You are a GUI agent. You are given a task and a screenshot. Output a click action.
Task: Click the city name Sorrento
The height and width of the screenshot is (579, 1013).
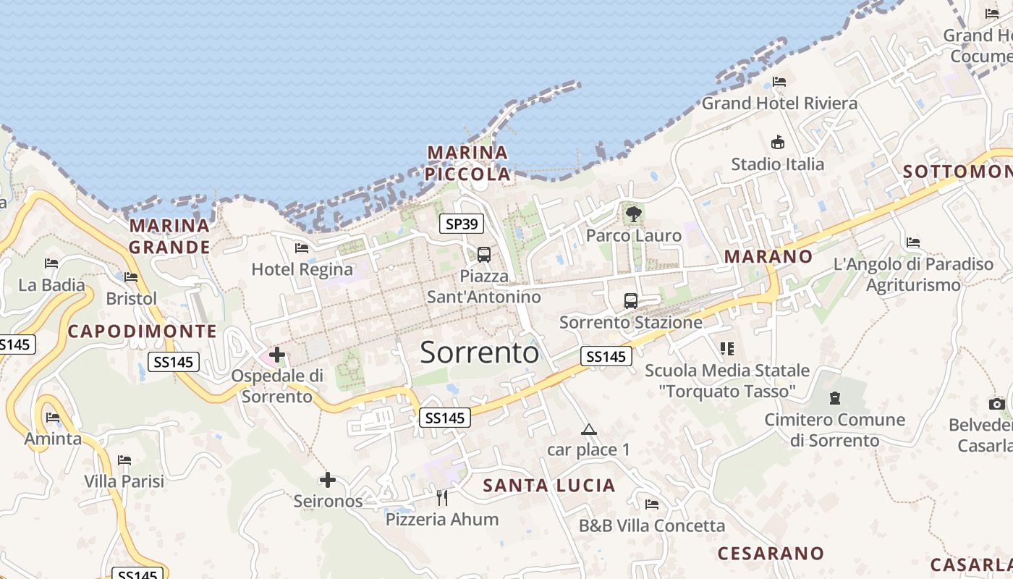[x=479, y=352]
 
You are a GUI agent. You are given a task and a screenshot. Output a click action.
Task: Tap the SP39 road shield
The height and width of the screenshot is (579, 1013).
[x=462, y=224]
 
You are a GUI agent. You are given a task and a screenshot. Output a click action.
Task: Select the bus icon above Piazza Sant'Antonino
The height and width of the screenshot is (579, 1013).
[x=484, y=255]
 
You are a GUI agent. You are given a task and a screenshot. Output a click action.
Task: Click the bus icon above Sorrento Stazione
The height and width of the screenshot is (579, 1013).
[x=631, y=300]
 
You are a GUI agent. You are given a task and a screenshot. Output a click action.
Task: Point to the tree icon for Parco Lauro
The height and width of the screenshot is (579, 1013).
[x=634, y=214]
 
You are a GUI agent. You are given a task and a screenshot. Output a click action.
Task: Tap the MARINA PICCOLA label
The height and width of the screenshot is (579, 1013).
[x=467, y=164]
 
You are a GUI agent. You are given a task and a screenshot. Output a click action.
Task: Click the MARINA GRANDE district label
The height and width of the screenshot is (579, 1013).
[x=169, y=237]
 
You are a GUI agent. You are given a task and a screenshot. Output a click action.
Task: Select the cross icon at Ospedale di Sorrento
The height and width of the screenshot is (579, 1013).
[x=277, y=355]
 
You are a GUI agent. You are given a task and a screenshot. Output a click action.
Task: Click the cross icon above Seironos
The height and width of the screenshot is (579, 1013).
[x=328, y=480]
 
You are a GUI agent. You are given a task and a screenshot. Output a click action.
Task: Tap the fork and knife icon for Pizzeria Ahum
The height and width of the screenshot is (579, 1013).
[x=442, y=497]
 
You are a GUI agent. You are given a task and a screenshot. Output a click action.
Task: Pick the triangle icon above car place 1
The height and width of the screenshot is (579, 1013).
[x=589, y=429]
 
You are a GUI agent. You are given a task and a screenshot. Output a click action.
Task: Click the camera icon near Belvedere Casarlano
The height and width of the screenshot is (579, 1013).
[x=997, y=404]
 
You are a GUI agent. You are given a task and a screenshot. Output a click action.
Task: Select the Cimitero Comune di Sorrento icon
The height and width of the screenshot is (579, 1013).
[x=835, y=398]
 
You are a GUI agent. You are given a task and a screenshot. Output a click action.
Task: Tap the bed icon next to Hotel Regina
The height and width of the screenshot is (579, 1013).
[x=302, y=248]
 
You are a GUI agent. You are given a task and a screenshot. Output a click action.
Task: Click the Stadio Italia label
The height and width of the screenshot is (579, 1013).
[x=777, y=164]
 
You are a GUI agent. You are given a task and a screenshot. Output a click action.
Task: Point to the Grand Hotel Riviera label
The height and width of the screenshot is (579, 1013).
[x=779, y=103]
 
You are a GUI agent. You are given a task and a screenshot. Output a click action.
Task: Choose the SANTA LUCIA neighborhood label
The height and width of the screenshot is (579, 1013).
[x=549, y=486]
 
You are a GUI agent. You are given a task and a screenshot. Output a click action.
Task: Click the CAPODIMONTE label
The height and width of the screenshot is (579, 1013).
[x=142, y=331]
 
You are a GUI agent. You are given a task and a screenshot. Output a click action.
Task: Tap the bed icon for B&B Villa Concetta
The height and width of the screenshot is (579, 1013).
[x=652, y=504]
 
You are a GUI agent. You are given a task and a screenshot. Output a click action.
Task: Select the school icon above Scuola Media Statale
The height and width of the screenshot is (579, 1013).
[x=727, y=349]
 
